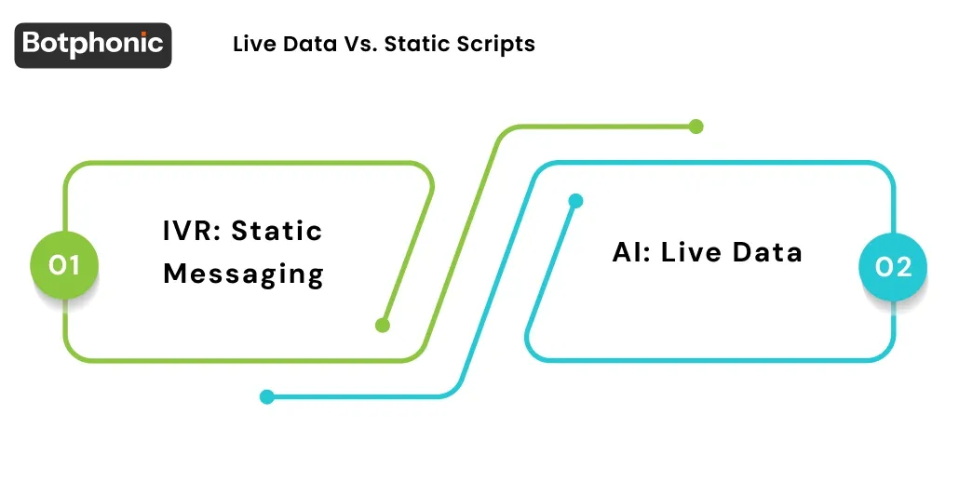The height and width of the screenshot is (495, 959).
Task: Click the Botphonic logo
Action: pyautogui.click(x=93, y=45)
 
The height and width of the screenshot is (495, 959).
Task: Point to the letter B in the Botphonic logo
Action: pyautogui.click(x=33, y=44)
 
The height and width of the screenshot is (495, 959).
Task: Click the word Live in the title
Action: pyautogui.click(x=252, y=44)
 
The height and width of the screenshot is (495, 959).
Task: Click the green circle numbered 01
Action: pyautogui.click(x=64, y=266)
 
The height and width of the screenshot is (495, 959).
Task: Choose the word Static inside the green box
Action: pyautogui.click(x=277, y=230)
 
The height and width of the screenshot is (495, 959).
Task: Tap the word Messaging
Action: pyautogui.click(x=243, y=274)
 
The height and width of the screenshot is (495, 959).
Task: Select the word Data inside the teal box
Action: pyautogui.click(x=767, y=252)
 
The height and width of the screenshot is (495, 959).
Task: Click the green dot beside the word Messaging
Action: pyautogui.click(x=382, y=325)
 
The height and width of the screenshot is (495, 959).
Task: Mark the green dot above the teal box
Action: pyautogui.click(x=696, y=127)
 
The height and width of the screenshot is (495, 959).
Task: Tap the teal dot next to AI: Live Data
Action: pyautogui.click(x=575, y=200)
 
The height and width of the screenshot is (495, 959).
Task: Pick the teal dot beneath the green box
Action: pyautogui.click(x=266, y=396)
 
